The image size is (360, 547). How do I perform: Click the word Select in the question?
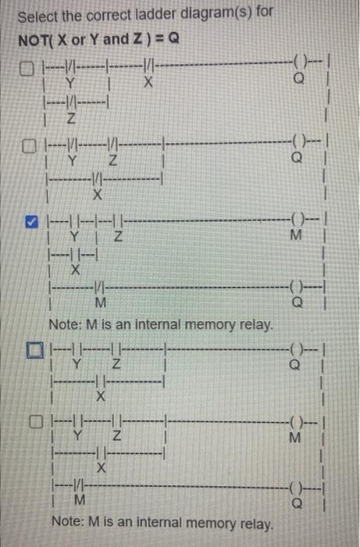(x=35, y=16)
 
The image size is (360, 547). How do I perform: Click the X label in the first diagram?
(x=146, y=83)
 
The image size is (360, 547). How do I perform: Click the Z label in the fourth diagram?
(x=115, y=363)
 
